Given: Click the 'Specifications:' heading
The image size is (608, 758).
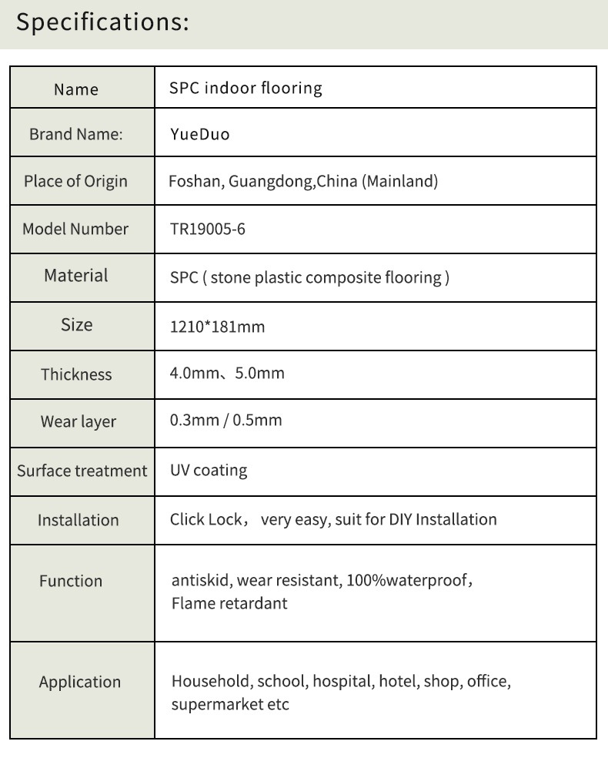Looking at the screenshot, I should [x=102, y=22].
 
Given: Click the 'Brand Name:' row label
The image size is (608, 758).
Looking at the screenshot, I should [x=76, y=134].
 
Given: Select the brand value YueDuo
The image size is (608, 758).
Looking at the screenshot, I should [x=199, y=135].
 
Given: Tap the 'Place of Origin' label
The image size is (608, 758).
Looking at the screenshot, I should [x=75, y=182].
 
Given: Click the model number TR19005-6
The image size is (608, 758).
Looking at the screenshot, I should [x=207, y=230].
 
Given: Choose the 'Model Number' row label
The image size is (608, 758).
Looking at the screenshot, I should [x=75, y=229].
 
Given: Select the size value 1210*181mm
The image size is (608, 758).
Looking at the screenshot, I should [x=217, y=327].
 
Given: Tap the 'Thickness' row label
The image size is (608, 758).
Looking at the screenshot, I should [x=76, y=374].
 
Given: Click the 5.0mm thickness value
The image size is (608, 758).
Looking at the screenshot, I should [x=260, y=374].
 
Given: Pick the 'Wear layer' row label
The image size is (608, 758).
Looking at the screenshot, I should [x=79, y=422].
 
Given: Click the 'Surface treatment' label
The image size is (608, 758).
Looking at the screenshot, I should [x=82, y=471].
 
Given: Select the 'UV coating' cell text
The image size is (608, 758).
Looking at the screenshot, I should [x=209, y=470].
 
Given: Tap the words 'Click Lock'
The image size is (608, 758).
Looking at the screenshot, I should [x=205, y=519].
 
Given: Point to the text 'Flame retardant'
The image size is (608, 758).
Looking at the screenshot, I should [x=229, y=603].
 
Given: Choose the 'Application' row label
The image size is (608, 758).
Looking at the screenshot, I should [x=80, y=682].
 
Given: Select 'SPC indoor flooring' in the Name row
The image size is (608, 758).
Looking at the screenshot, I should [x=246, y=88].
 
